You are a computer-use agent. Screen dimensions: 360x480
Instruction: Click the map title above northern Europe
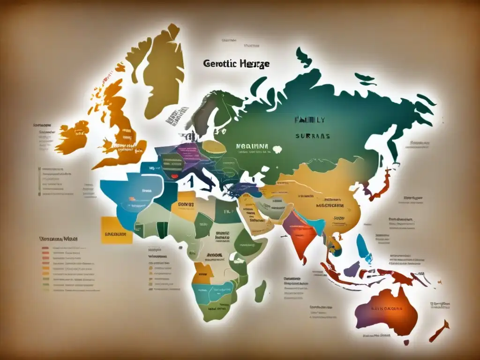coord(236,64)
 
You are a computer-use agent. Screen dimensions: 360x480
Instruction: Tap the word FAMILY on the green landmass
coord(309,120)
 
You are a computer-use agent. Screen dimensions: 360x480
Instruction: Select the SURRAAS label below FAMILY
coord(313,136)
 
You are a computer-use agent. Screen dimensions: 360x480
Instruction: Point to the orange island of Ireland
coord(72,136)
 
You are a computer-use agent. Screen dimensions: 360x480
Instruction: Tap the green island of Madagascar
coord(261,291)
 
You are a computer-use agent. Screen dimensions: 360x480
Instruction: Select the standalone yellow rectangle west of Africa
coord(116,230)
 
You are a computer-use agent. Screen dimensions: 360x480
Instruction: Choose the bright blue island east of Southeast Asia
coord(364,248)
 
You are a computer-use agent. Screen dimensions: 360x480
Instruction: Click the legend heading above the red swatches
coord(59,239)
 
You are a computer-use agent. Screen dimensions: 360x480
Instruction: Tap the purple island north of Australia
coord(352,269)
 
